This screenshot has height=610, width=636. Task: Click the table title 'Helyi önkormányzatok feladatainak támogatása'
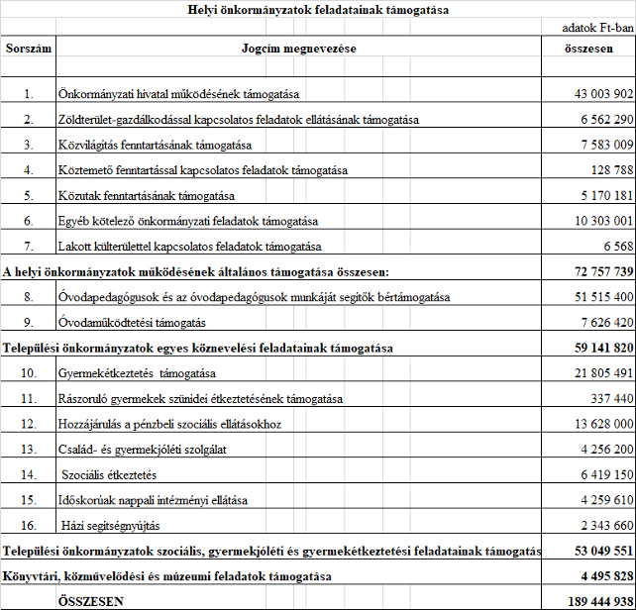[x=318, y=10]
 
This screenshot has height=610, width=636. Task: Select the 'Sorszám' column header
[x=29, y=48]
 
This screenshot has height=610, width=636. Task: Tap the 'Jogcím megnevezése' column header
[x=299, y=48]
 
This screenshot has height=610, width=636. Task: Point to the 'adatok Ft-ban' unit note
[x=596, y=29]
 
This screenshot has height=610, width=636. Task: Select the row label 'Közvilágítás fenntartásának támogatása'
[x=157, y=145]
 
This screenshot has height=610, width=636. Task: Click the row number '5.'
[x=30, y=195]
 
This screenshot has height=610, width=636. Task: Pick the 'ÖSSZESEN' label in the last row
[x=91, y=600]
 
